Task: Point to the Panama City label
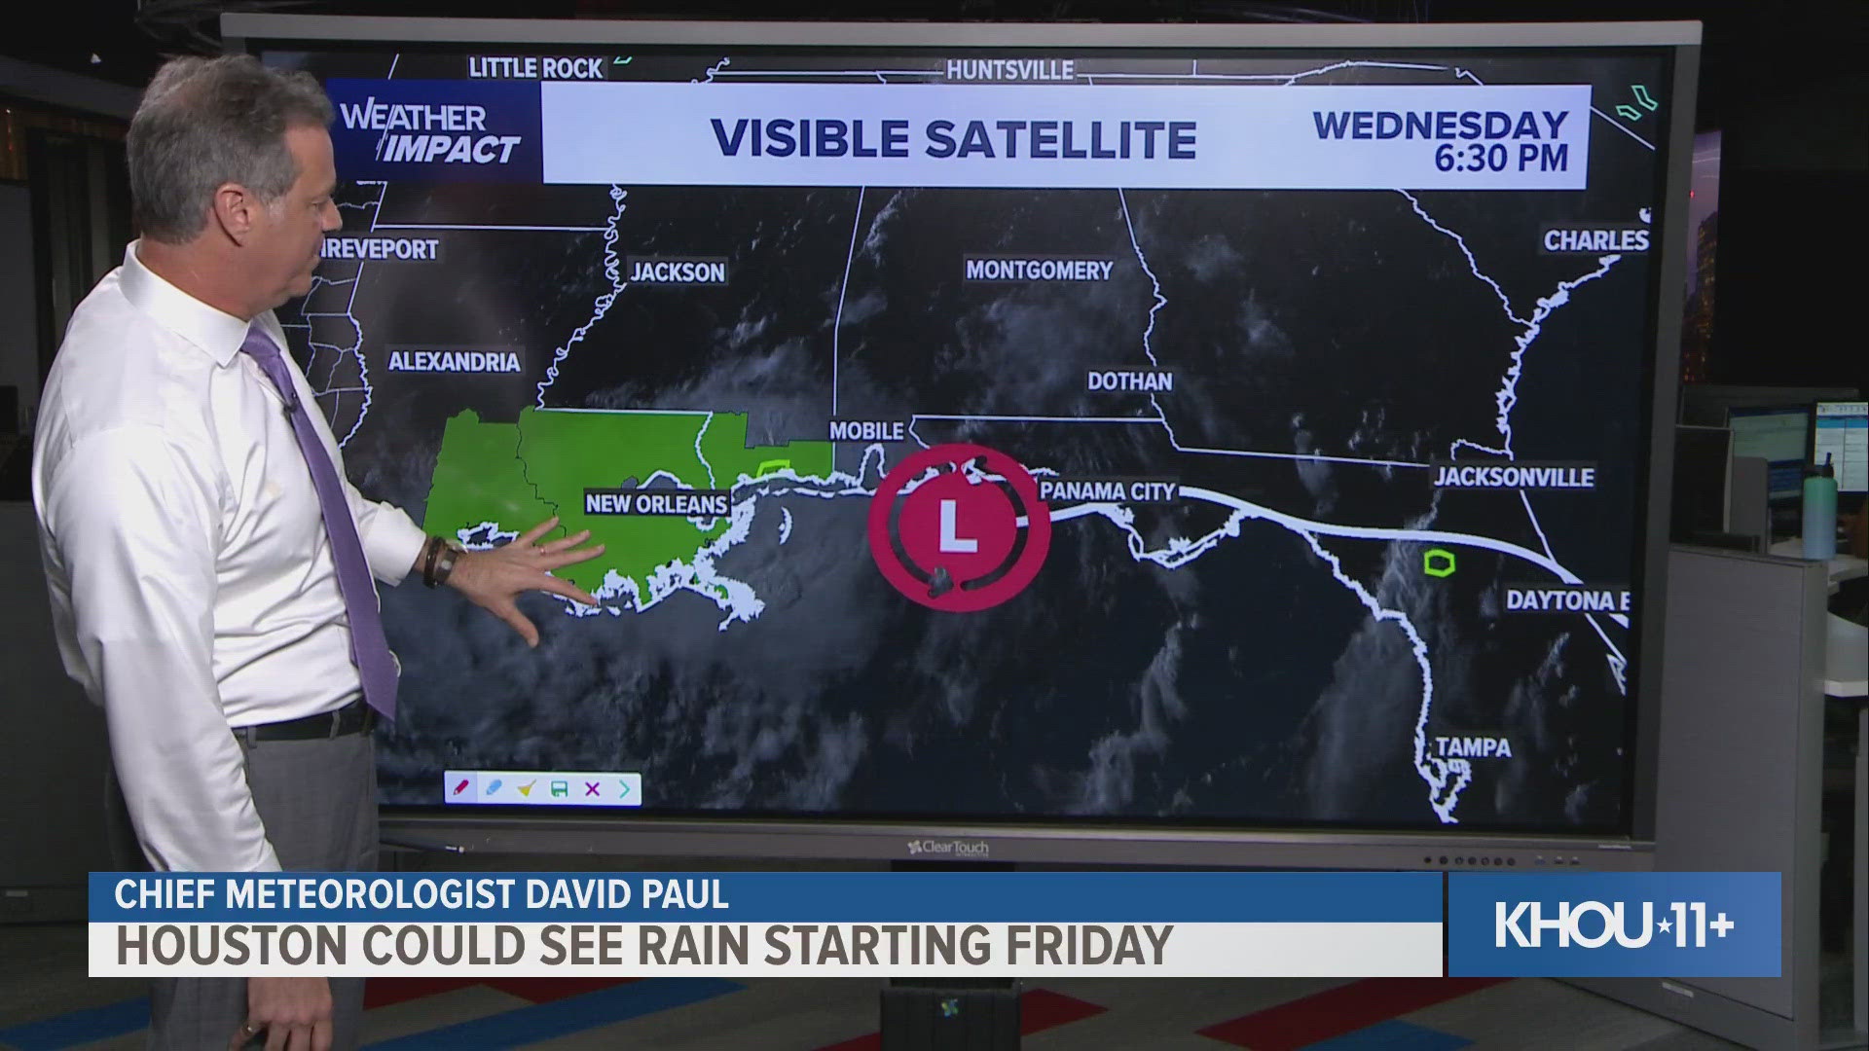(1108, 491)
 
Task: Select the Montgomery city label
(1039, 271)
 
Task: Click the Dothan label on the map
(1129, 381)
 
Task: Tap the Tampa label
(1474, 747)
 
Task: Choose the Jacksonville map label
(1513, 477)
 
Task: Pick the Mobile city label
(866, 430)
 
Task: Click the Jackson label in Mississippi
(678, 272)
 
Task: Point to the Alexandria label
(455, 362)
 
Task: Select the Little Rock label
(536, 67)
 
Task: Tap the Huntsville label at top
(1009, 70)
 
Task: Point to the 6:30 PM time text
(1500, 158)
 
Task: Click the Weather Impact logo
(430, 133)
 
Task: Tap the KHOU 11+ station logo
(1614, 924)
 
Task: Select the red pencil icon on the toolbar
(460, 787)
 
